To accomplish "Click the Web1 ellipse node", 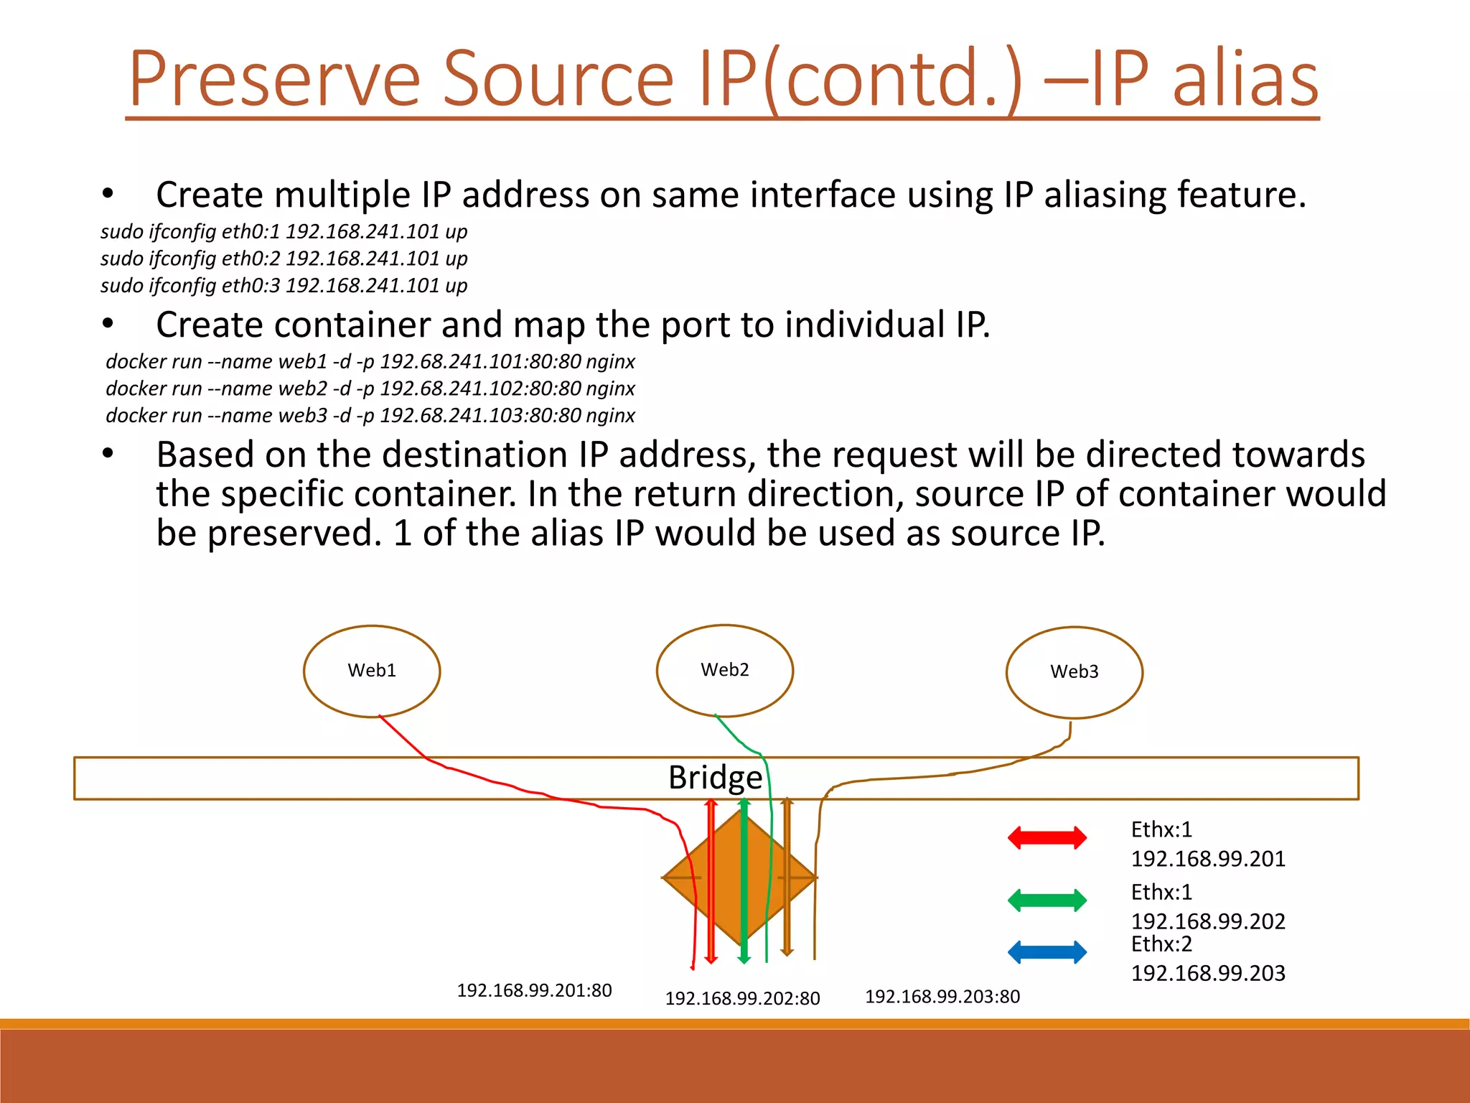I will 372,671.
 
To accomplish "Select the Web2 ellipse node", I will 724,670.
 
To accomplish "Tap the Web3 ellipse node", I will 1074,672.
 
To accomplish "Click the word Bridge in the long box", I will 715,778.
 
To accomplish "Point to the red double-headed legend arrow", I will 1047,837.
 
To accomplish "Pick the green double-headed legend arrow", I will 1047,900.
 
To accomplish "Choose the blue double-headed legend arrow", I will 1047,952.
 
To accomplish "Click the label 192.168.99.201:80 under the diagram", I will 534,990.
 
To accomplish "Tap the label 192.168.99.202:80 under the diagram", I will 742,998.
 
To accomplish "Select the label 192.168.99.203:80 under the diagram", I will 942,996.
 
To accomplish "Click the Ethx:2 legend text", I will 1161,944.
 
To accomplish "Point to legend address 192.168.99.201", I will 1207,859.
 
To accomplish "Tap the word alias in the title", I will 1245,78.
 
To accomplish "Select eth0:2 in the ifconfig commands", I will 251,259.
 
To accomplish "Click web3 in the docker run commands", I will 302,416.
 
